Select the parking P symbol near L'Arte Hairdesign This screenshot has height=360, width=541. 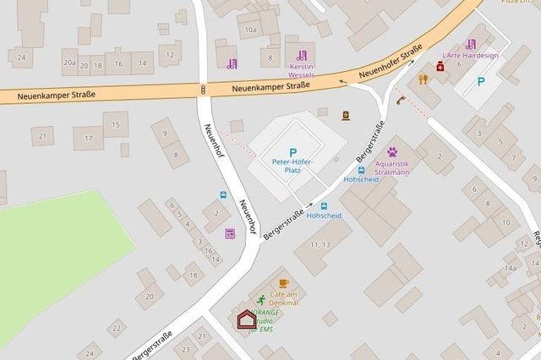tap(482, 82)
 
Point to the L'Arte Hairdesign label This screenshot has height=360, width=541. tap(471, 55)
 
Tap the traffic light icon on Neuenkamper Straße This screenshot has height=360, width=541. tap(203, 89)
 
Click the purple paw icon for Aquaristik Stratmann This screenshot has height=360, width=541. tap(391, 152)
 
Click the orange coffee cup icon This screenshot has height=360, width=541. tap(283, 283)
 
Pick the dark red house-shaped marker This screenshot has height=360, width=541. tap(245, 319)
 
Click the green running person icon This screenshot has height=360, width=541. tap(261, 299)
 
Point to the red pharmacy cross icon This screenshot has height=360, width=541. tap(440, 65)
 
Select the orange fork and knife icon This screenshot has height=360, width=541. tap(423, 79)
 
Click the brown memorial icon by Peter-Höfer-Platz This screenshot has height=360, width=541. tap(345, 116)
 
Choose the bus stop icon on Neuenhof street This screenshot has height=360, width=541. tap(223, 195)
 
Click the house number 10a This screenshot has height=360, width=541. tap(249, 30)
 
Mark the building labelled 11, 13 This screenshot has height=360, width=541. tap(320, 244)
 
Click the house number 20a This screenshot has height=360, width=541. tap(69, 63)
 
